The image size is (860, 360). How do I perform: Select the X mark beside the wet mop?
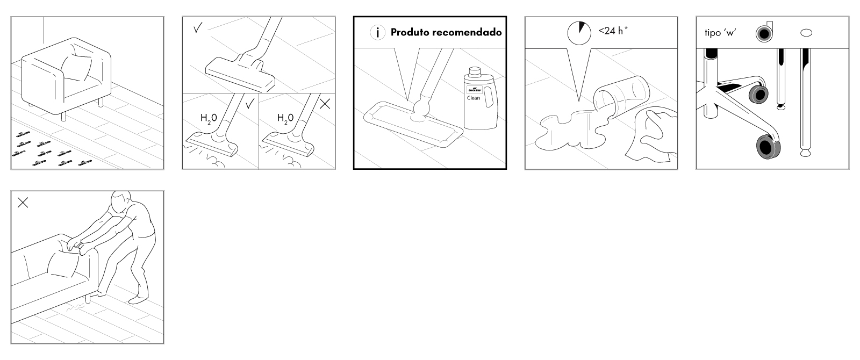(x=325, y=104)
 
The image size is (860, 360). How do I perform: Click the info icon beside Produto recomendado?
(x=377, y=33)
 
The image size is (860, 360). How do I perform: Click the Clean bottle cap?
(x=475, y=71)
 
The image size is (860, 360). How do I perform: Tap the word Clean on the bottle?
(x=474, y=98)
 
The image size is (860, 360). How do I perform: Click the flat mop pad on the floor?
(x=413, y=125)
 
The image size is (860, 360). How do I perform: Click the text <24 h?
(x=612, y=31)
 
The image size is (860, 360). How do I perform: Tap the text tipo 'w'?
(x=720, y=33)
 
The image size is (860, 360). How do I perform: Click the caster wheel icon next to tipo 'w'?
(x=763, y=33)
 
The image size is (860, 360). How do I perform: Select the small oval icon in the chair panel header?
(x=806, y=33)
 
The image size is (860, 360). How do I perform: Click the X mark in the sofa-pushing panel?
(x=23, y=203)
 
